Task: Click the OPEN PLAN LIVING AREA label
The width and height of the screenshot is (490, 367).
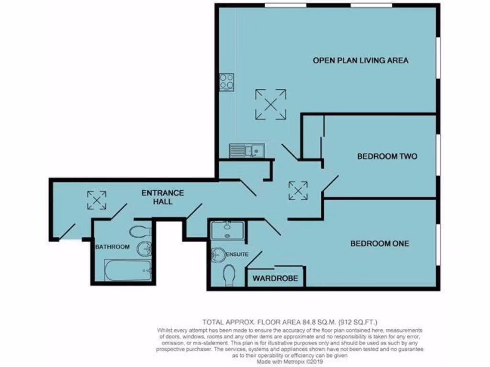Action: [x=360, y=61]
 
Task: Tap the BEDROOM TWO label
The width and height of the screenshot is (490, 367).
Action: [x=388, y=156]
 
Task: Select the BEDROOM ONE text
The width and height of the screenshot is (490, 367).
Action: [x=379, y=243]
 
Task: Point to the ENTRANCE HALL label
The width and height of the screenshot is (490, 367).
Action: [x=162, y=197]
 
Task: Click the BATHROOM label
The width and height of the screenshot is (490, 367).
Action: [x=112, y=247]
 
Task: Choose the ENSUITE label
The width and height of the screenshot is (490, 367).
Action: [x=237, y=254]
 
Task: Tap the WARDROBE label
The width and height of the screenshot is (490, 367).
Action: [x=275, y=278]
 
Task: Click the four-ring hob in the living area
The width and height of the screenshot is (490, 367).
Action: [x=226, y=82]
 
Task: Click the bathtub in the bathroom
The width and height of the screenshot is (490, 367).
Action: [x=128, y=270]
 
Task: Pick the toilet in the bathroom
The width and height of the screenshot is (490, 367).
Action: [x=140, y=232]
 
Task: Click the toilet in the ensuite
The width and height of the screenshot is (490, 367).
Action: [x=229, y=276]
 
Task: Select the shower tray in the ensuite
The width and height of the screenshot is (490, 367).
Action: [x=227, y=230]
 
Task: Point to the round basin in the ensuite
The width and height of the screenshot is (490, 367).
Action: [x=217, y=255]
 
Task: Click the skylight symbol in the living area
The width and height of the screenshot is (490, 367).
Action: [x=270, y=104]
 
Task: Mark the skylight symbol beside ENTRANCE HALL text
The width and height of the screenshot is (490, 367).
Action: [x=97, y=200]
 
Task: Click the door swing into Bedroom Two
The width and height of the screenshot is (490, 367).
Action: [x=330, y=184]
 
